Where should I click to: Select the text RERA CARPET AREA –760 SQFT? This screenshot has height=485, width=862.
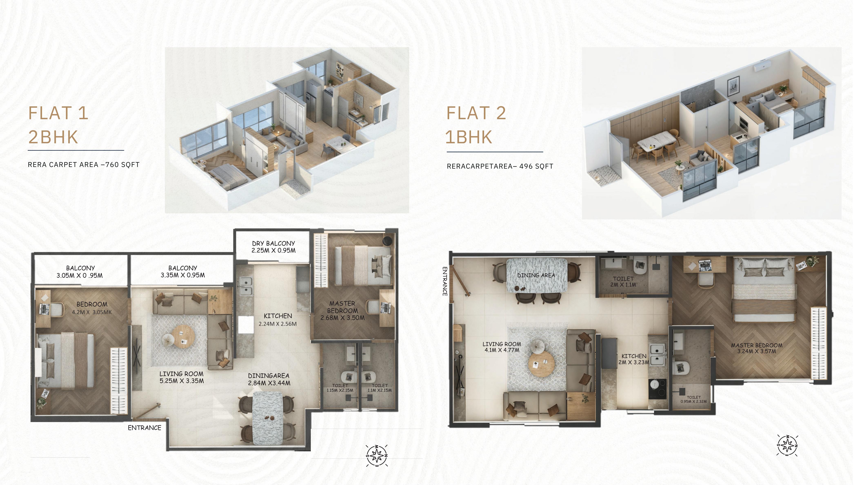pos(84,165)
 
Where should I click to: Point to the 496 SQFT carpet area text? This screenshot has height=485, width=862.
pos(536,166)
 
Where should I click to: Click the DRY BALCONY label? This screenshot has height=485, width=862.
pos(273,243)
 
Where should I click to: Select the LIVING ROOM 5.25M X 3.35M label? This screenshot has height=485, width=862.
pos(181,377)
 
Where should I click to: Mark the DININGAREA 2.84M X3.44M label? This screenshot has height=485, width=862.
pos(269,379)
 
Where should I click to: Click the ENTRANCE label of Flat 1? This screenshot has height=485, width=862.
pos(144,428)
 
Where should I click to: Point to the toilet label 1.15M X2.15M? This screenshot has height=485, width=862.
pos(340,388)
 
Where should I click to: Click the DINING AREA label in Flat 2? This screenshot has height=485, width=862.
pos(536,275)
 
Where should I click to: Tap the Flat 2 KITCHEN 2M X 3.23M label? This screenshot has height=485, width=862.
pos(634,359)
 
